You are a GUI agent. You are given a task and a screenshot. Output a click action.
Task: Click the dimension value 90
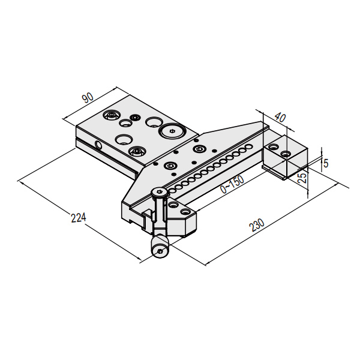(x=88, y=98)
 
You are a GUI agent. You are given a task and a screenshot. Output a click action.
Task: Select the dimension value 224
(x=78, y=217)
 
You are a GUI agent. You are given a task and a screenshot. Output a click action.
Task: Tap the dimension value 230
(x=257, y=225)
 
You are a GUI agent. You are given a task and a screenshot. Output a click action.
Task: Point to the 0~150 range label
(x=232, y=184)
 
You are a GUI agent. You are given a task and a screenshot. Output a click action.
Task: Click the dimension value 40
(x=280, y=118)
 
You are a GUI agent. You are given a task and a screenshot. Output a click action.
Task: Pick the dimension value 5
(x=326, y=163)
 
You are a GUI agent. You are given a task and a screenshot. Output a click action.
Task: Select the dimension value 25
(x=303, y=178)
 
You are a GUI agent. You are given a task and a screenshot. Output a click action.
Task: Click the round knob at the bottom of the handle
(x=160, y=248)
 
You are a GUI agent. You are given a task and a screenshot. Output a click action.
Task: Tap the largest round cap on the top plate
(x=172, y=131)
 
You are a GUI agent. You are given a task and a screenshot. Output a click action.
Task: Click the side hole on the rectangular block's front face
(x=99, y=145)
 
